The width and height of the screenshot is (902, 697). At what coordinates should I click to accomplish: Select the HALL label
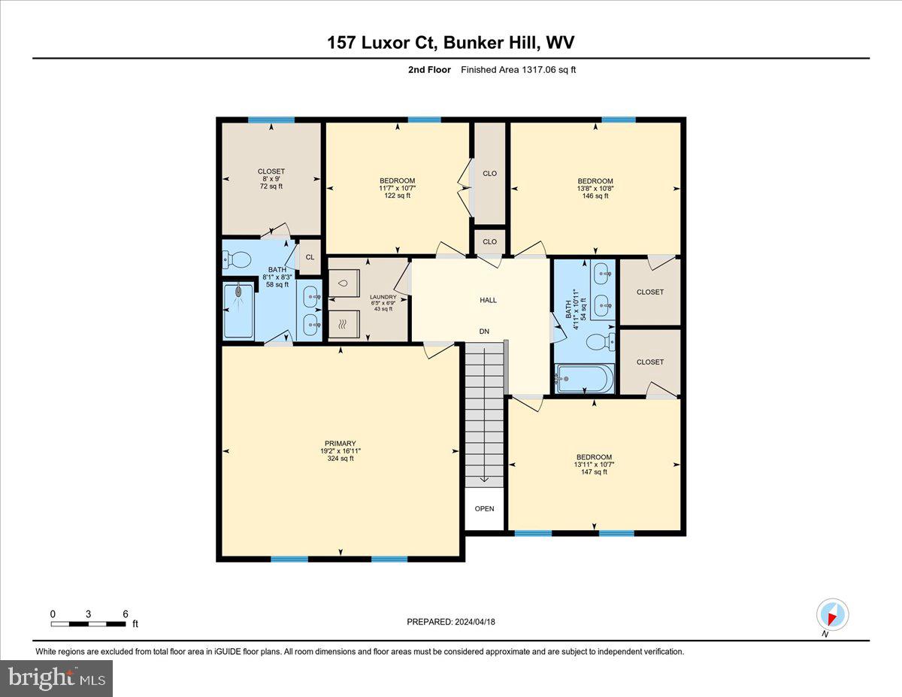click(x=488, y=300)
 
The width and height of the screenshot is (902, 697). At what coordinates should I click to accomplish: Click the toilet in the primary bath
click(x=238, y=260)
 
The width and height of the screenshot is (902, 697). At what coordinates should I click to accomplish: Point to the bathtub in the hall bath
click(x=585, y=379)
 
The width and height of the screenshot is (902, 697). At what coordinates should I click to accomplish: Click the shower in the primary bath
click(x=238, y=310)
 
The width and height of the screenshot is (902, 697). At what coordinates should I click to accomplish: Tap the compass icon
click(x=832, y=615)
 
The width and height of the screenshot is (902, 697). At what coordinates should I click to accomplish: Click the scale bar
click(x=89, y=623)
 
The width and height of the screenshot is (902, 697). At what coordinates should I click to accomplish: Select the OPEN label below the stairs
click(x=485, y=508)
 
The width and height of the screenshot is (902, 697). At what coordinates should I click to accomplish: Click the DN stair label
click(x=485, y=331)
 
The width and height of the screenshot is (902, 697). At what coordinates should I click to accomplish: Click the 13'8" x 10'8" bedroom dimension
click(x=595, y=189)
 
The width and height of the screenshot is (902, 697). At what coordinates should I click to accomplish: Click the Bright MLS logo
click(x=57, y=678)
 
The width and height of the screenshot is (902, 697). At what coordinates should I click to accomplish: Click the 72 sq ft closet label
click(x=271, y=186)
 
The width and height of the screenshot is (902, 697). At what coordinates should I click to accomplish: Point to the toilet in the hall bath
click(x=602, y=343)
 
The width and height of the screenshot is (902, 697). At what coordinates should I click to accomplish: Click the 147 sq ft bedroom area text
click(x=594, y=471)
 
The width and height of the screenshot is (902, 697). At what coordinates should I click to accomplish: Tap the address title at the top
click(x=450, y=43)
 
